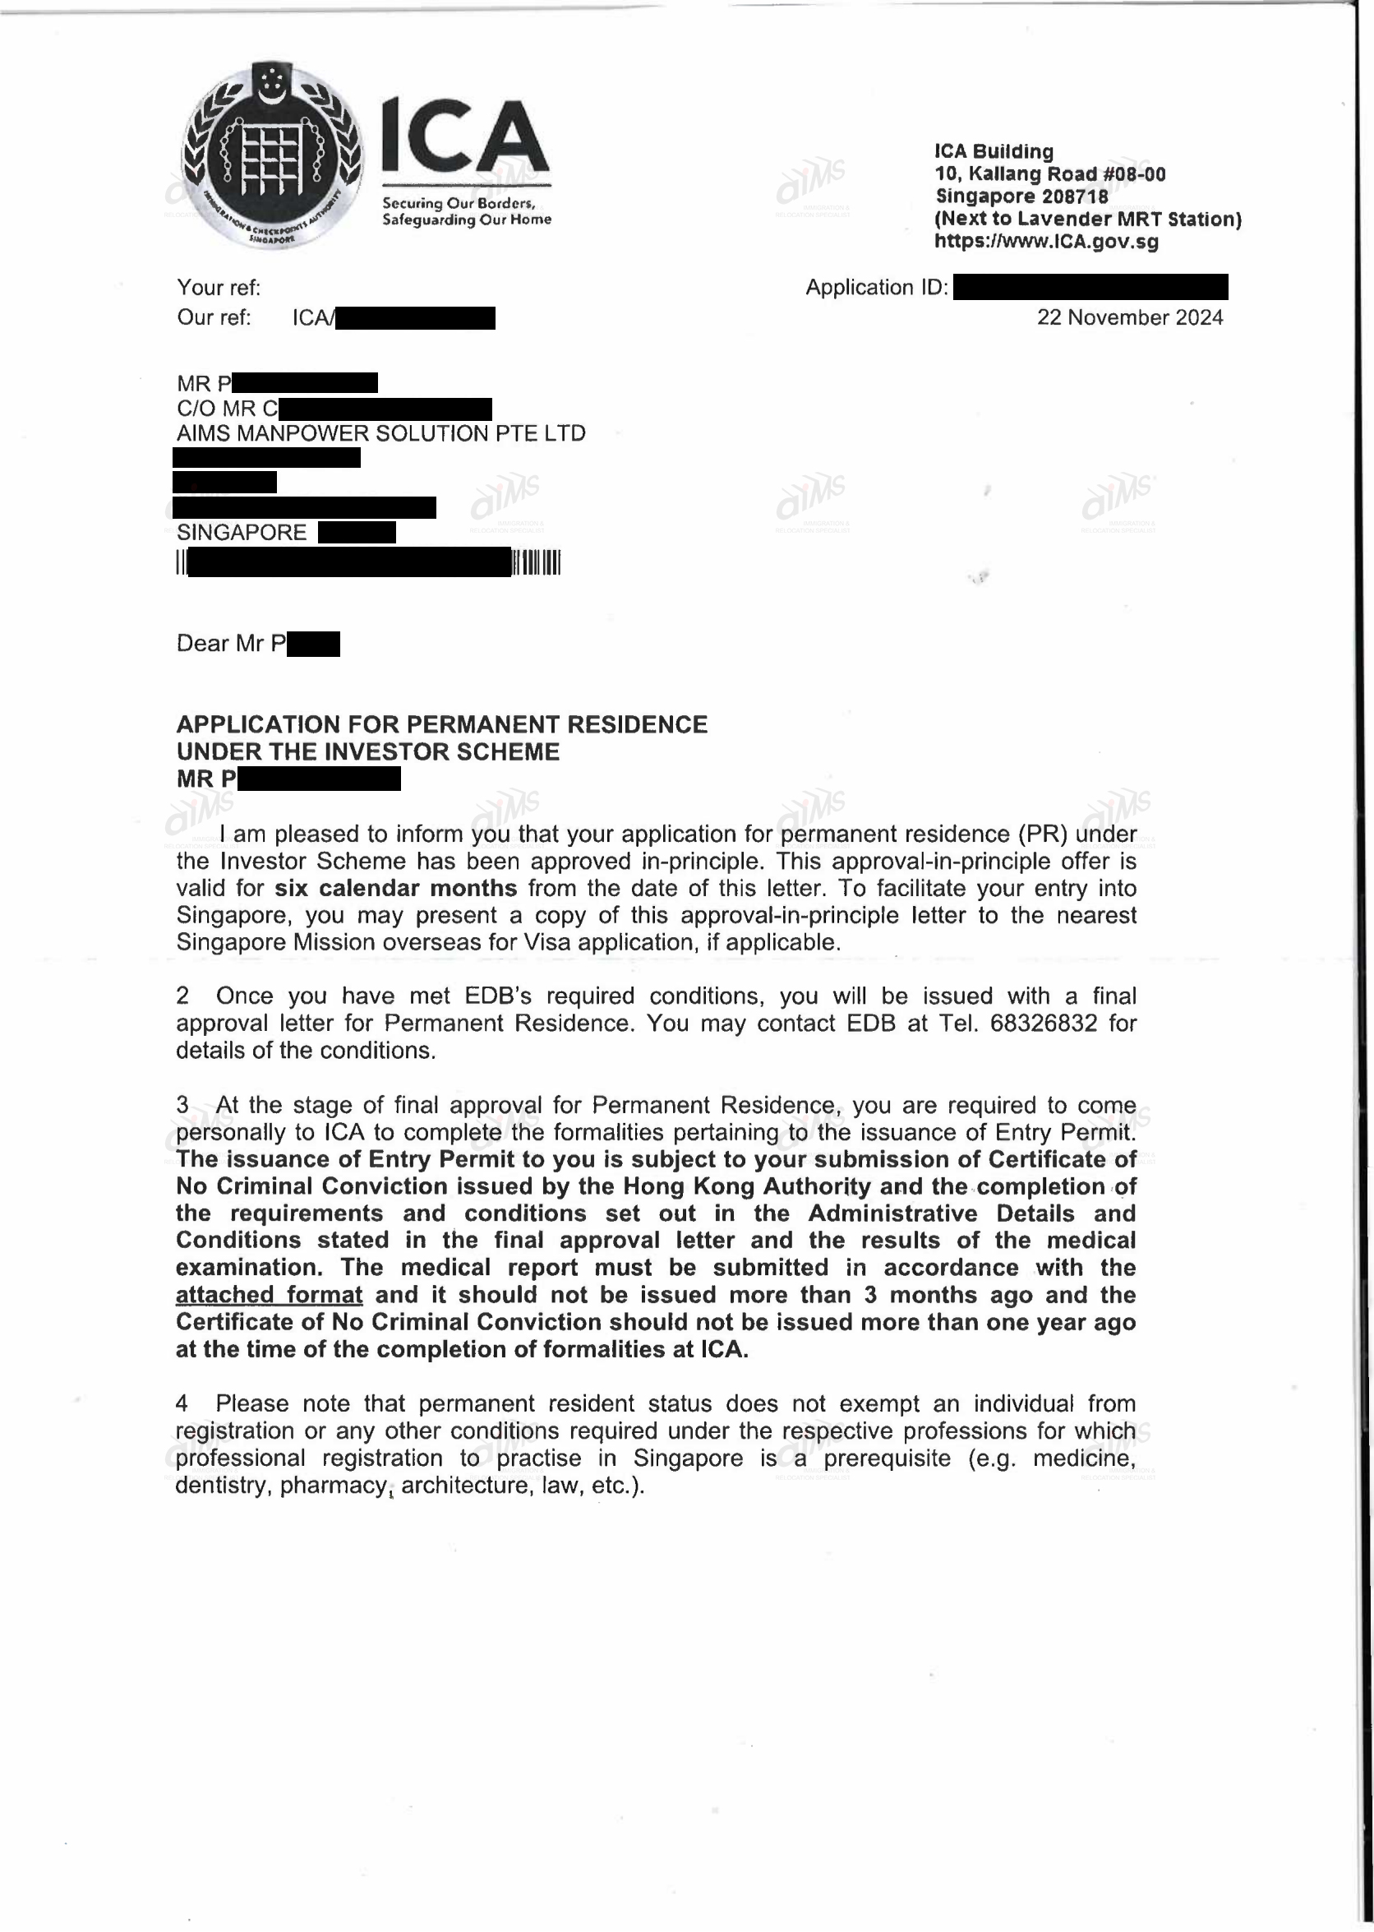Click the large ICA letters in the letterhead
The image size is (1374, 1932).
[x=464, y=137]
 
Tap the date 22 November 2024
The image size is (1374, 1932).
[x=1129, y=317]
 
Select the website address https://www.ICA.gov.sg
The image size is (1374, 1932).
[x=1046, y=241]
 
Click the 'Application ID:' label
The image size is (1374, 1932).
[x=877, y=288]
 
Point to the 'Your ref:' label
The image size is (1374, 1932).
[x=219, y=288]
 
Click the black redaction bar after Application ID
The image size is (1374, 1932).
[x=1090, y=288]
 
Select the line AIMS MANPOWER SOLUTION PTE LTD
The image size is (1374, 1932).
[x=380, y=433]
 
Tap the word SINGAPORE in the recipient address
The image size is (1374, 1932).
[x=242, y=532]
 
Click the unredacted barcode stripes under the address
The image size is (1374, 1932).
[x=537, y=563]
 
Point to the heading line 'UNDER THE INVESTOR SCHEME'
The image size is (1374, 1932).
[x=368, y=751]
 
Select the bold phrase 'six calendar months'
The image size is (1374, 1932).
[x=396, y=889]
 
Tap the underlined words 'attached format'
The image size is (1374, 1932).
[x=269, y=1295]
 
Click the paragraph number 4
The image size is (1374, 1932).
[x=182, y=1403]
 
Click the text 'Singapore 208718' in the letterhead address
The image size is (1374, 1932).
[x=1021, y=196]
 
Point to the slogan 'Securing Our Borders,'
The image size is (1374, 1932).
[x=459, y=203]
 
